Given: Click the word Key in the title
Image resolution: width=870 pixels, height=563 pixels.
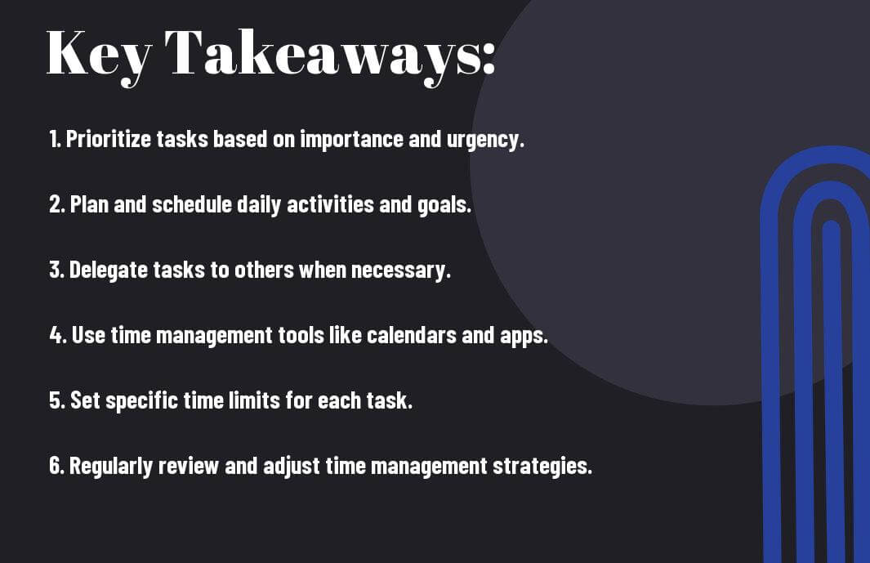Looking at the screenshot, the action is (x=98, y=56).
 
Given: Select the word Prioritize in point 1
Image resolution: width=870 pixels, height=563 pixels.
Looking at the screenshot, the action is (x=108, y=140).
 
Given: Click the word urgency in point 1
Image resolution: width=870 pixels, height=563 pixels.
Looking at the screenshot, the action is (x=485, y=140).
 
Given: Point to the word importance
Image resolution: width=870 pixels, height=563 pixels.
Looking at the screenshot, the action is (x=351, y=140).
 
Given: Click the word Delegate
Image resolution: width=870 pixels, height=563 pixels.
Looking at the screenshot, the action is (x=108, y=270).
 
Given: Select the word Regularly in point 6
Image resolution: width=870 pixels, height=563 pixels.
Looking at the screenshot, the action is (x=111, y=466).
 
